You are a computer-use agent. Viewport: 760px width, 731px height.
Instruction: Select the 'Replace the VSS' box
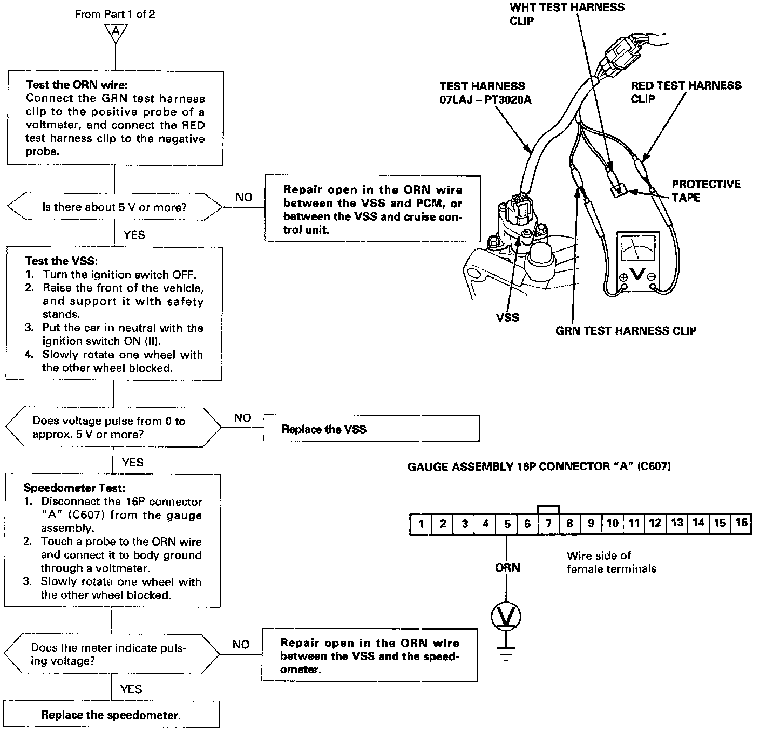click(x=371, y=429)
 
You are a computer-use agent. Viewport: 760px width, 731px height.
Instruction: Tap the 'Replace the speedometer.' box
click(x=111, y=715)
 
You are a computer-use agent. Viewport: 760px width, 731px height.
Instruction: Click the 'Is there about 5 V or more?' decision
click(x=114, y=207)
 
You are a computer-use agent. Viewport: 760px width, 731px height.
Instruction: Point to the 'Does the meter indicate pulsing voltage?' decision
click(x=112, y=654)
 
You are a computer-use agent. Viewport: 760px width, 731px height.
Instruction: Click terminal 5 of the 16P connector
click(x=507, y=524)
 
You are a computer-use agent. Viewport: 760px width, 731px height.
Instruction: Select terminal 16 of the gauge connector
click(x=741, y=523)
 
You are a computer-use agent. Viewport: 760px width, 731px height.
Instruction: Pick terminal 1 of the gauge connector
click(x=421, y=524)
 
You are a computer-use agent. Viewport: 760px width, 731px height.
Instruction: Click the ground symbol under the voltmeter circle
click(x=506, y=653)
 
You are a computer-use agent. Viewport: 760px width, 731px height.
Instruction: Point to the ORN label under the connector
click(x=507, y=567)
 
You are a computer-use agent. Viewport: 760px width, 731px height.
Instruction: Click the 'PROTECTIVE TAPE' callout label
click(x=705, y=191)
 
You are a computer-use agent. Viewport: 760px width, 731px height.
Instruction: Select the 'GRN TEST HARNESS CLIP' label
click(x=626, y=331)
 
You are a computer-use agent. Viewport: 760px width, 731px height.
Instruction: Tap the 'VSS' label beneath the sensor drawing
click(x=507, y=317)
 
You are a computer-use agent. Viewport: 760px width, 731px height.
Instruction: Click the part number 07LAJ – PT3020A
click(x=485, y=100)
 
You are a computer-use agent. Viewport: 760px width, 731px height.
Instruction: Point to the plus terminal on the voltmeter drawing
click(x=623, y=277)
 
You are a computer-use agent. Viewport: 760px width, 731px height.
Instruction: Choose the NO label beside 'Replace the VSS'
click(x=243, y=418)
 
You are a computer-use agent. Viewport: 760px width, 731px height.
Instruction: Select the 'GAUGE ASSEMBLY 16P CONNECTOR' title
click(x=539, y=466)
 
